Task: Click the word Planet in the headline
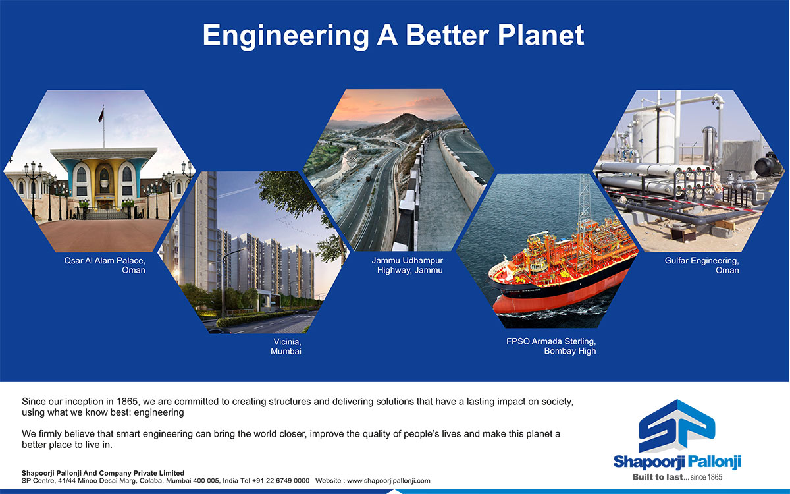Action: pyautogui.click(x=540, y=36)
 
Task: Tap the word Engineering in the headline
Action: pyautogui.click(x=286, y=37)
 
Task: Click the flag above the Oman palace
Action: pyautogui.click(x=101, y=115)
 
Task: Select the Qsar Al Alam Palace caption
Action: pyautogui.click(x=105, y=265)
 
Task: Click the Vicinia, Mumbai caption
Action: pyautogui.click(x=286, y=346)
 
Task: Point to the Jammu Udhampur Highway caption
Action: pyautogui.click(x=408, y=265)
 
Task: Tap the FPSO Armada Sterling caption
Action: pyautogui.click(x=551, y=346)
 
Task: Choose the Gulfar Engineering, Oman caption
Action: pyautogui.click(x=702, y=265)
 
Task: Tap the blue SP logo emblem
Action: pyautogui.click(x=677, y=426)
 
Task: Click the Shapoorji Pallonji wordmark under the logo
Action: pyautogui.click(x=677, y=462)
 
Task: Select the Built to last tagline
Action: pyautogui.click(x=677, y=477)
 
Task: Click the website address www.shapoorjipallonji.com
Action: pyautogui.click(x=388, y=481)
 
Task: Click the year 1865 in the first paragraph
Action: pyautogui.click(x=127, y=402)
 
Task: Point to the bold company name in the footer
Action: pyautogui.click(x=103, y=473)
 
